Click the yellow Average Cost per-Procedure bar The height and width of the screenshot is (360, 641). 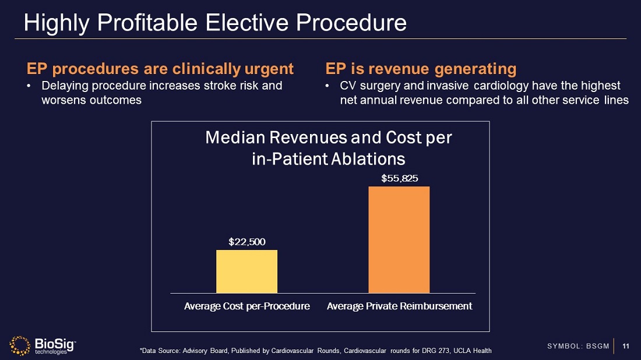pyautogui.click(x=246, y=271)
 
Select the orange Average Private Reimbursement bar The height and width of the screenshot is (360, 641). pyautogui.click(x=399, y=239)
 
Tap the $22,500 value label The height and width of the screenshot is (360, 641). pyautogui.click(x=246, y=241)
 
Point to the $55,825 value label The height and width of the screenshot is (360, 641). pyautogui.click(x=399, y=178)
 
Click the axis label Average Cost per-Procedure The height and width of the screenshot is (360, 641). pyautogui.click(x=246, y=306)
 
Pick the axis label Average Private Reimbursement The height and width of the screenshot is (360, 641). pyautogui.click(x=400, y=306)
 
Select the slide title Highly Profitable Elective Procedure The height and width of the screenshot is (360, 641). pyautogui.click(x=215, y=23)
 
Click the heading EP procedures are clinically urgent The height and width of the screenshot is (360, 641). pyautogui.click(x=160, y=69)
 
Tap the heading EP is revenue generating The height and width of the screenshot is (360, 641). pyautogui.click(x=421, y=69)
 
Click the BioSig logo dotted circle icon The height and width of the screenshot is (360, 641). pyautogui.click(x=20, y=345)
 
